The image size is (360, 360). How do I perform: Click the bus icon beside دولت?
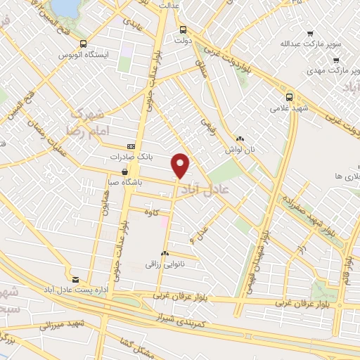click(183, 30)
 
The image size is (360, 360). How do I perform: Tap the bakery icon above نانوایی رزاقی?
click(165, 253)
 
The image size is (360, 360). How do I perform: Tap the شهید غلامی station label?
click(288, 108)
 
